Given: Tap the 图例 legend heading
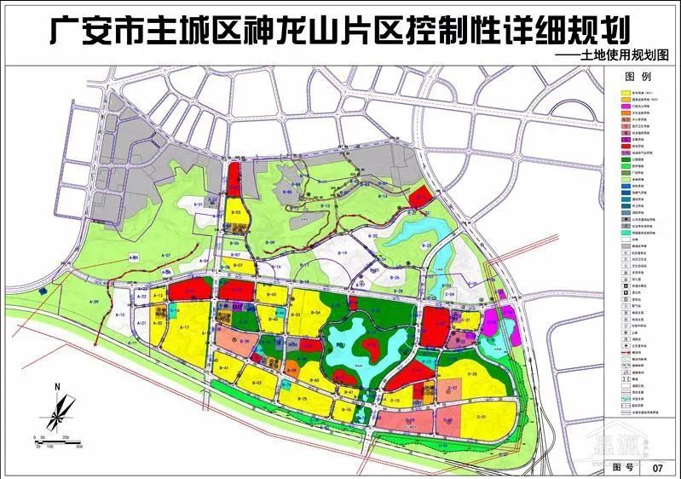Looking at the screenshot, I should coord(642,77).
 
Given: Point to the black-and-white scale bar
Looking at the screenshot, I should coord(58,438).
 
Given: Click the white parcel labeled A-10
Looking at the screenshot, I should coord(122,315).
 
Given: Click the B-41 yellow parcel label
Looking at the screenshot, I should coord(224,368).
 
